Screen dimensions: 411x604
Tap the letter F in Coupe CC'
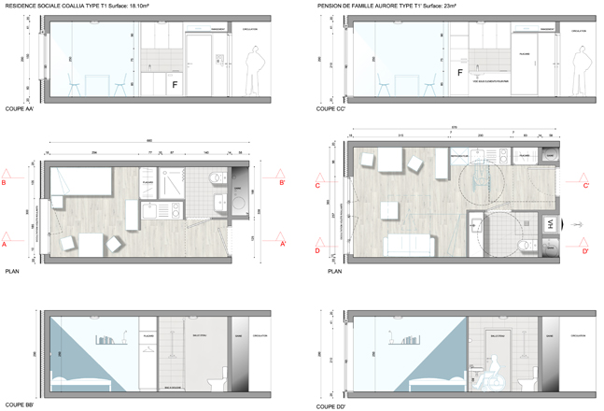pyautogui.click(x=459, y=72)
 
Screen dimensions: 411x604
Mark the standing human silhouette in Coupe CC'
pyautogui.click(x=574, y=71)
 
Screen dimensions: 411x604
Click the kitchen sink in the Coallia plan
pyautogui.click(x=149, y=213)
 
